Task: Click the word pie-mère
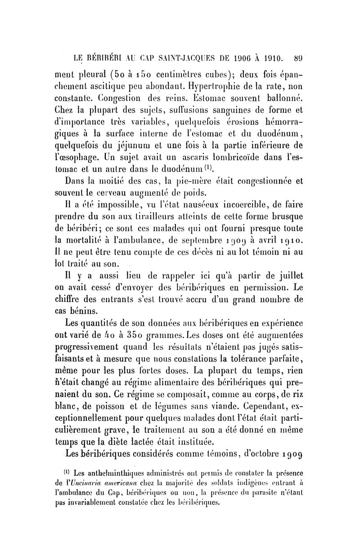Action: [x=189, y=182]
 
